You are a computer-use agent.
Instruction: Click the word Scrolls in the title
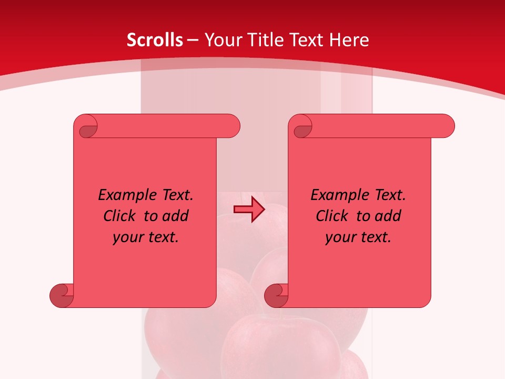point(155,40)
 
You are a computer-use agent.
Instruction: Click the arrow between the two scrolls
point(249,210)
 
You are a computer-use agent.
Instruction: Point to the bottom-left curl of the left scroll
point(62,296)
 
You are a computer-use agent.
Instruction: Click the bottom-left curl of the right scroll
point(276,296)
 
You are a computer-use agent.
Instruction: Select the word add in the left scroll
point(175,216)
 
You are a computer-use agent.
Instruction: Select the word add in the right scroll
point(387,216)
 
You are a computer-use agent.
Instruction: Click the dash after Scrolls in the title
point(193,40)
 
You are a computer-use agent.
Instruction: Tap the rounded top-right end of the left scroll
point(232,126)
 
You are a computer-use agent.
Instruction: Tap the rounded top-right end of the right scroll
point(447,126)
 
